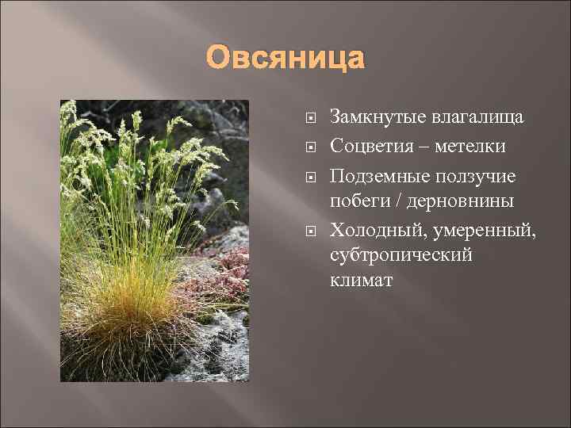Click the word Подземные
pyautogui.click(x=377, y=174)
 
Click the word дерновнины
pyautogui.click(x=462, y=201)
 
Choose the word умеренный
pyautogui.click(x=484, y=230)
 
